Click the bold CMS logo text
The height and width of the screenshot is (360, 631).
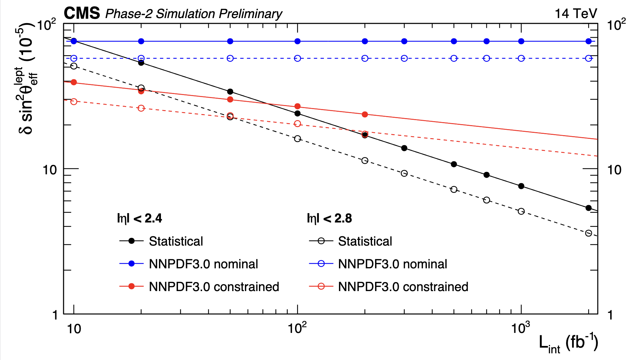82,13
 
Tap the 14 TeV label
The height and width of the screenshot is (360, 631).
575,13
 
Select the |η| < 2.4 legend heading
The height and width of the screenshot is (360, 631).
140,218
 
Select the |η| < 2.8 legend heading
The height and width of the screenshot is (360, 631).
329,218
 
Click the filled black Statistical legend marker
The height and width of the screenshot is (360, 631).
131,241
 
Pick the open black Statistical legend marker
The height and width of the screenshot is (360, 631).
321,241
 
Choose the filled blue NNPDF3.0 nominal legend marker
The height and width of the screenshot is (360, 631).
131,264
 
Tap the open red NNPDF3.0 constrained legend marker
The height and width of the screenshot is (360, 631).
321,286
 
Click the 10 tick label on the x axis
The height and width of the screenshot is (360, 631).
74,329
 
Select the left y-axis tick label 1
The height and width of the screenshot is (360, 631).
55,315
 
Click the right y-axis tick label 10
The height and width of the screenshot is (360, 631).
614,170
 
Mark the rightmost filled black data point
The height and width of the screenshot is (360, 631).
589,208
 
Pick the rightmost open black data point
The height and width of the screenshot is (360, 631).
589,233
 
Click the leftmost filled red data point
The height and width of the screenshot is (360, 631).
74,82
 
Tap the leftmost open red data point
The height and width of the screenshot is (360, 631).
74,101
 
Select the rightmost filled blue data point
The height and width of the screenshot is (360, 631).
589,41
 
